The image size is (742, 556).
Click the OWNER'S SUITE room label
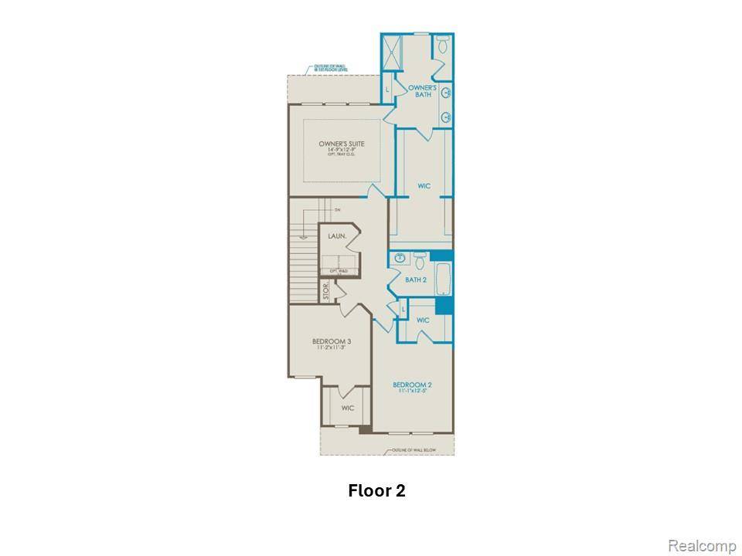341,144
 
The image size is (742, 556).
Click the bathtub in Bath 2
444,279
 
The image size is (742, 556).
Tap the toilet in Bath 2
420,259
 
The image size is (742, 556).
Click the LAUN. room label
335,236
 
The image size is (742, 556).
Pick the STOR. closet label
326,291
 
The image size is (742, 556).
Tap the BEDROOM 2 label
411,385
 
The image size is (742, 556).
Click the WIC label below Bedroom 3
347,408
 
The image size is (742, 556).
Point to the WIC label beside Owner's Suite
424,185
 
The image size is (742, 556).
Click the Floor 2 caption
376,490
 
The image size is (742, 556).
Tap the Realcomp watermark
702,546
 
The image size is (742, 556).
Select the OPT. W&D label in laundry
338,271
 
